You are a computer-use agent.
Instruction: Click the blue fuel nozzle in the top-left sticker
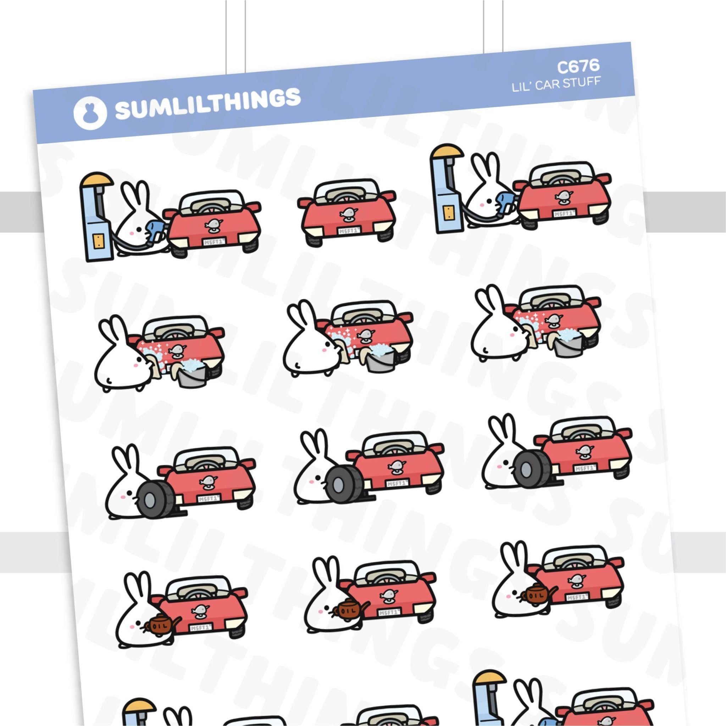click(x=155, y=230)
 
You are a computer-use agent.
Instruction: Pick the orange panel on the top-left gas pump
click(x=98, y=241)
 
